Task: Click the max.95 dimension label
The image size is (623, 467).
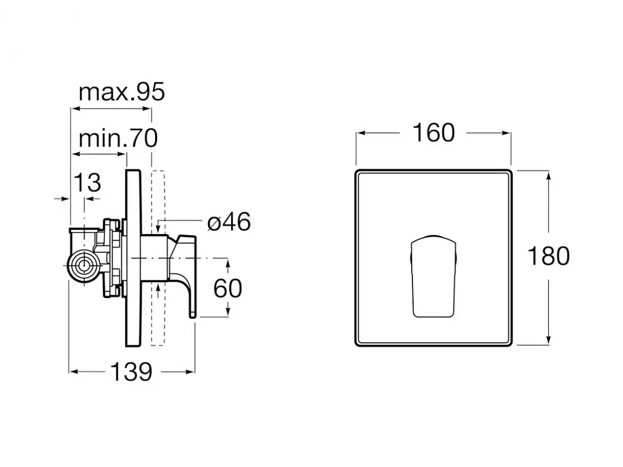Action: pyautogui.click(x=121, y=92)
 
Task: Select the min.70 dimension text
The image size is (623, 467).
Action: pyautogui.click(x=118, y=138)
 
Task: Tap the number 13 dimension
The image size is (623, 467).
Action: pyautogui.click(x=87, y=183)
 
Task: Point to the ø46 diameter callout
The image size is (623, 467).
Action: pyautogui.click(x=229, y=222)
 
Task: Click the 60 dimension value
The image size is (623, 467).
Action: pyautogui.click(x=227, y=288)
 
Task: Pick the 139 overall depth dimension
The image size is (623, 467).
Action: pyautogui.click(x=131, y=372)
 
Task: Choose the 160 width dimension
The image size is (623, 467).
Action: pyautogui.click(x=434, y=133)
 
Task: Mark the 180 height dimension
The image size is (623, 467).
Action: pyautogui.click(x=548, y=256)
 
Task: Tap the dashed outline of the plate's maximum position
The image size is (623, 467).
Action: pyautogui.click(x=158, y=258)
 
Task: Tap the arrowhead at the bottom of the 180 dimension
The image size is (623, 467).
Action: pyautogui.click(x=549, y=340)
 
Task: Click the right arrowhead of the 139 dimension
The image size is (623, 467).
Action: pyautogui.click(x=190, y=372)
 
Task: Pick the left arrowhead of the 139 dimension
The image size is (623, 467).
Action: pyautogui.click(x=74, y=372)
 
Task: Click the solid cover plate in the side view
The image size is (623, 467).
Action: pyautogui.click(x=133, y=258)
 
